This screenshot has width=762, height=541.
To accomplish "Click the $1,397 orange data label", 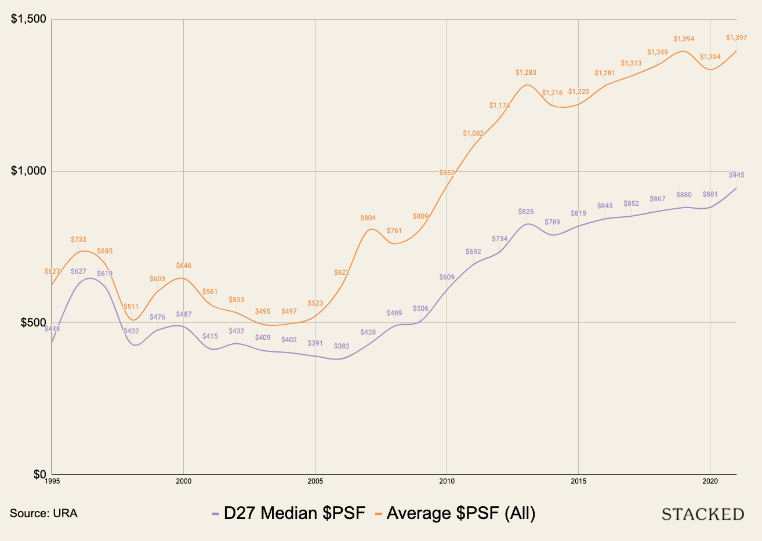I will click(x=736, y=38).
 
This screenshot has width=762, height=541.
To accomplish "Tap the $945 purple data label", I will click(x=736, y=175).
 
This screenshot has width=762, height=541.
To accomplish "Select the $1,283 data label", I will click(x=525, y=72).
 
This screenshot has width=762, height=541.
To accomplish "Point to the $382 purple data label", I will click(x=342, y=346).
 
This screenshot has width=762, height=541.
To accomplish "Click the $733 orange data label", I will click(x=78, y=239).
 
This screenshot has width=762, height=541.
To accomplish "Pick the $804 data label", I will click(x=368, y=218).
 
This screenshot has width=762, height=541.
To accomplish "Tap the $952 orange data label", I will click(x=447, y=173).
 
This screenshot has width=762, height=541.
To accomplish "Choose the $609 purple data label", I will click(x=447, y=277).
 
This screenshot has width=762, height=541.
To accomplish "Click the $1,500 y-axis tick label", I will click(x=28, y=19).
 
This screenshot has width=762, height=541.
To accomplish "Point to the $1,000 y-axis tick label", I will click(x=28, y=171).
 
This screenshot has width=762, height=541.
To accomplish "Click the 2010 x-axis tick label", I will click(x=447, y=481).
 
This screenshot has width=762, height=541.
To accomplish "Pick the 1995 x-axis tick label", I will click(x=52, y=481).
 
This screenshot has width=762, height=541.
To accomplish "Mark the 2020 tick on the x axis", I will click(x=710, y=481).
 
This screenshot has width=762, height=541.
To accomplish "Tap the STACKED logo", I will click(x=703, y=514).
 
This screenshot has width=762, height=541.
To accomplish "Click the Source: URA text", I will click(x=43, y=513).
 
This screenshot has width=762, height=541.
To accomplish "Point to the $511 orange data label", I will click(x=131, y=307).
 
